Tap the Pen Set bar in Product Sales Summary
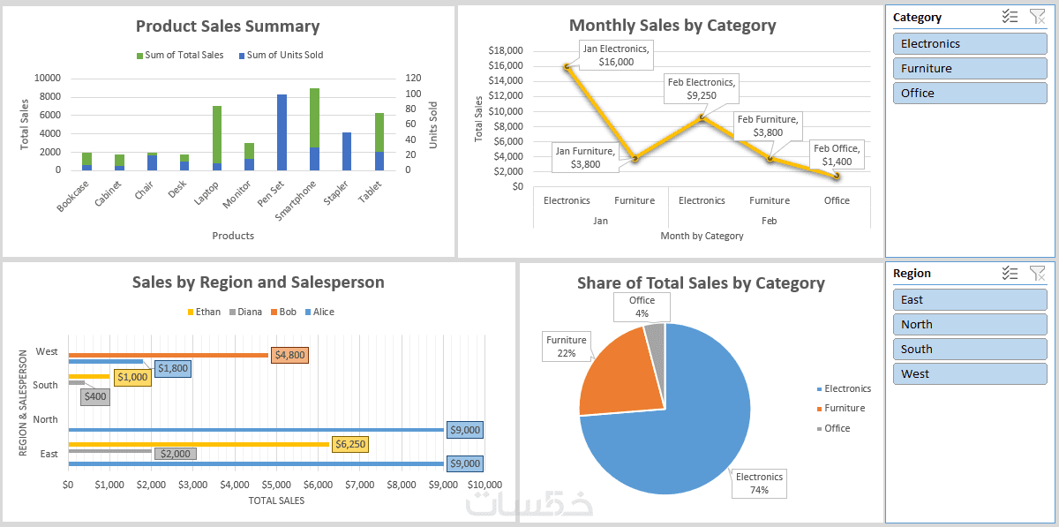coord(282,132)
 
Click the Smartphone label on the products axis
coord(298,200)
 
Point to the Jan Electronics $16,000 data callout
coord(615,55)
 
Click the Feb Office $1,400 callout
coord(837,155)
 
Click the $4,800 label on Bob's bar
coord(289,355)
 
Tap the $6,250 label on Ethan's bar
coord(350,444)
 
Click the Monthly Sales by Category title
coord(672,26)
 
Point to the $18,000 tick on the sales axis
coord(506,50)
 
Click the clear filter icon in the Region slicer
coord(1038,273)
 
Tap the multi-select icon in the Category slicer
coord(1010,17)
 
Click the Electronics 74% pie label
coord(759,483)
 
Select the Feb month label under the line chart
coord(769,221)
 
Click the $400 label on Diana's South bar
coord(95,396)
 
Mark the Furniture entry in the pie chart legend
coord(844,408)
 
